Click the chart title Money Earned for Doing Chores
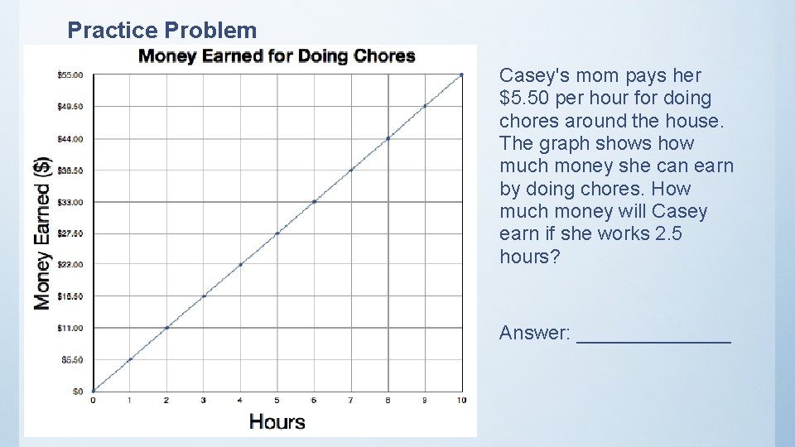tap(277, 56)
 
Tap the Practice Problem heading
tap(162, 31)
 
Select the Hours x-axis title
tap(277, 421)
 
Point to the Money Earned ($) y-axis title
tap(42, 233)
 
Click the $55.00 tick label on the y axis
tap(70, 75)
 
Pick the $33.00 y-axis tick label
tap(70, 202)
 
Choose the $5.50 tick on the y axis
tap(71, 359)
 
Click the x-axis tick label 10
tap(461, 401)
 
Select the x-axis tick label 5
tap(277, 401)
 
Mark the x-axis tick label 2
tap(166, 401)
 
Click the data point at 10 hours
tap(461, 75)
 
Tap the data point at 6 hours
tap(314, 201)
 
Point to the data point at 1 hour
tap(130, 359)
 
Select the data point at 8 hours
tap(388, 138)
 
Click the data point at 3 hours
tap(204, 296)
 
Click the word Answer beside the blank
tap(534, 333)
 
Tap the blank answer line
tap(653, 339)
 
